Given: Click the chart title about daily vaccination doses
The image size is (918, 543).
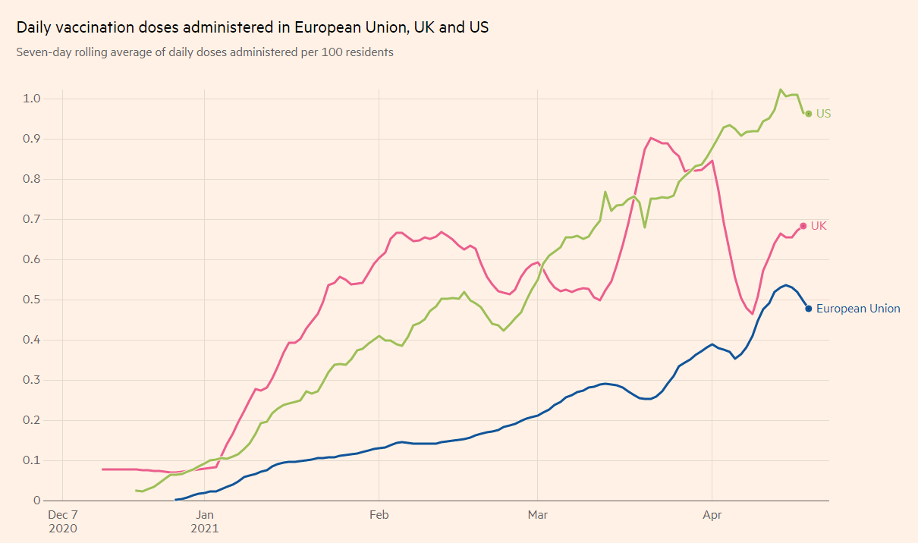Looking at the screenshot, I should (x=253, y=27).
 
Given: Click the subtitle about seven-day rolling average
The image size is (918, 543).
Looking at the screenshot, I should (x=205, y=53).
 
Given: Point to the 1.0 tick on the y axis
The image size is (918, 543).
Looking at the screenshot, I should (x=31, y=99).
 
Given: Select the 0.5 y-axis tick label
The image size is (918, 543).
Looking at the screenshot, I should (x=31, y=300).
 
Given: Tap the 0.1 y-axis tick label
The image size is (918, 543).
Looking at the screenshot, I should (x=31, y=460).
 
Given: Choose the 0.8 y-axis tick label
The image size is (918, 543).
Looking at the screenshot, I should (x=31, y=179).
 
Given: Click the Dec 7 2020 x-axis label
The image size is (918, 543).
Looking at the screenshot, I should (x=64, y=520).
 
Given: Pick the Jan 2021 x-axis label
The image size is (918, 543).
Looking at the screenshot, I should (x=205, y=520).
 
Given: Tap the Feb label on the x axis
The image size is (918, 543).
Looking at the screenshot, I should (x=379, y=515).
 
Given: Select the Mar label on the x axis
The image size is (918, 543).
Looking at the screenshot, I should (x=537, y=515).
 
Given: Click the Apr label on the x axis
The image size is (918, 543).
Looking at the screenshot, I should (x=712, y=515).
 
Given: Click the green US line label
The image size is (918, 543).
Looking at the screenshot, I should (x=823, y=114).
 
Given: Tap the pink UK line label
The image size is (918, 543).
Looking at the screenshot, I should (x=819, y=226).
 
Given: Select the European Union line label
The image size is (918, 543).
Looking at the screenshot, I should (x=858, y=309).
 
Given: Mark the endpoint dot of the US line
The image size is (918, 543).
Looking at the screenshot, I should (x=808, y=114).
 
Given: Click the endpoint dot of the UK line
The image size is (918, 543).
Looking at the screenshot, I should (x=803, y=226).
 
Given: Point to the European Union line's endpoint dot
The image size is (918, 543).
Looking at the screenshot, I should (x=809, y=309).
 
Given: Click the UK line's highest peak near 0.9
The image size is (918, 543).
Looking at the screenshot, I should (x=651, y=138).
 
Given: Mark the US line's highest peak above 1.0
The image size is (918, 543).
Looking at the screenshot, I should (x=781, y=89).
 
